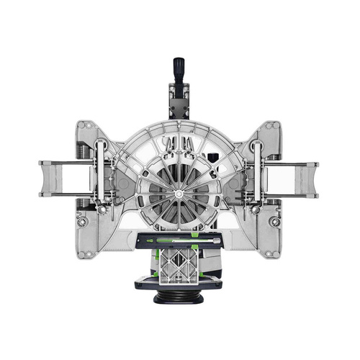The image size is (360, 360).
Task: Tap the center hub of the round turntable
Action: tap(177, 192)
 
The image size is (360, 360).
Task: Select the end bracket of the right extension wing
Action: tap(312, 179)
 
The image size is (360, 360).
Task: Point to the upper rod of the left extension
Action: tap(72, 164)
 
